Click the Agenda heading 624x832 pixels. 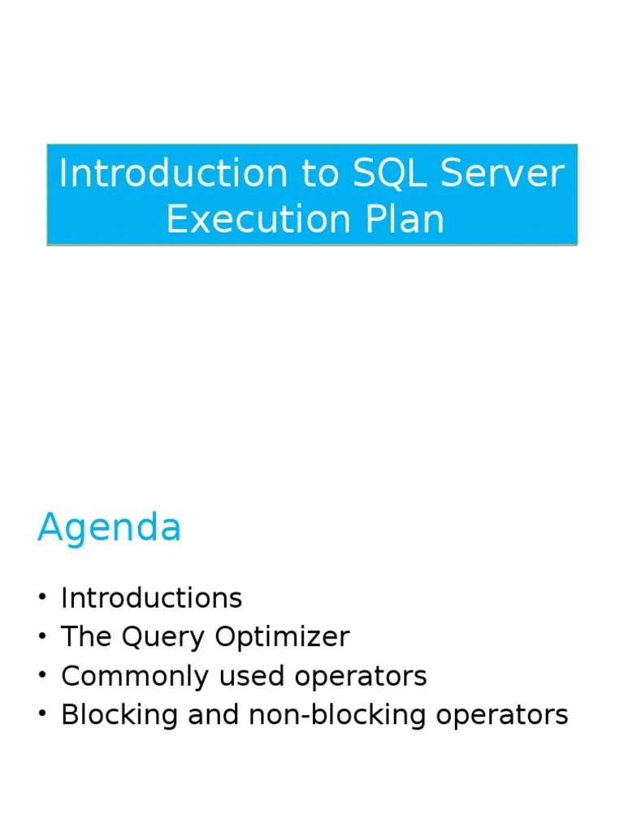109,529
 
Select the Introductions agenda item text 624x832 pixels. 151,598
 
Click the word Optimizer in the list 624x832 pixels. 282,637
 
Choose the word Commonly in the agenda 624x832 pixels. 120,676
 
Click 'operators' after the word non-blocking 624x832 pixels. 502,716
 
